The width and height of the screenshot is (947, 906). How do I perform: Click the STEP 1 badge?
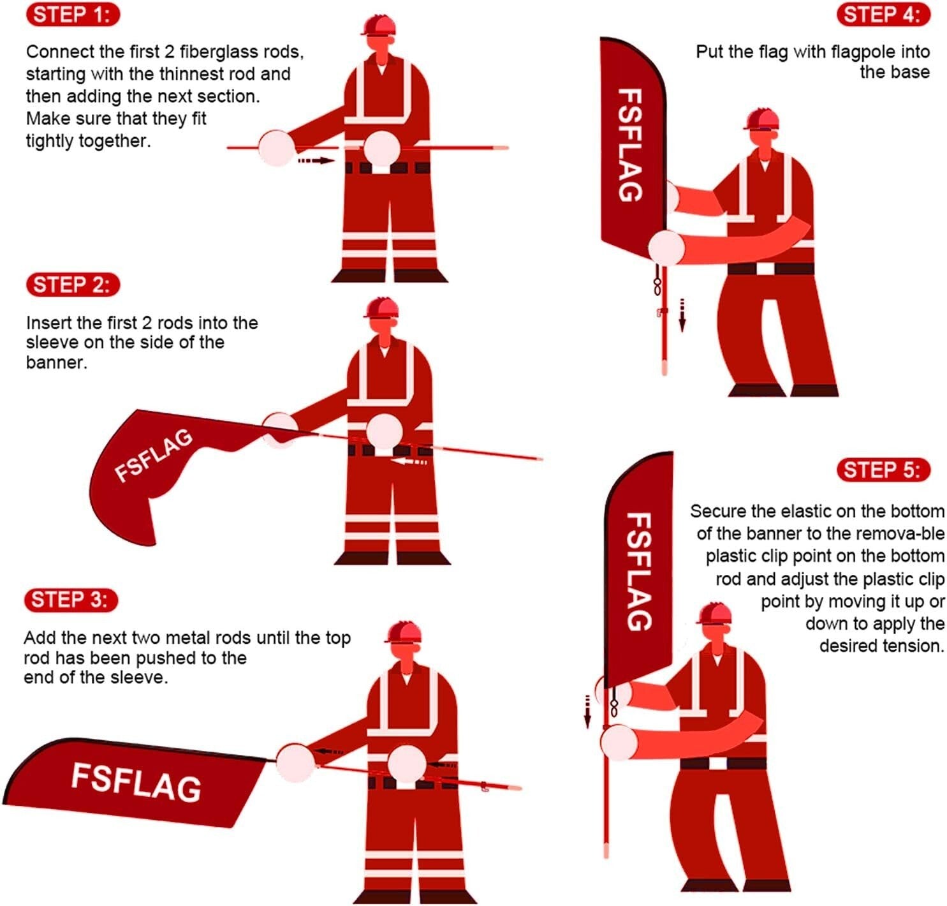pos(73,15)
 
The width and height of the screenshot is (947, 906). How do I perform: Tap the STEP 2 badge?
pos(73,285)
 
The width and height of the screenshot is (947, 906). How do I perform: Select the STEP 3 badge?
pos(71,600)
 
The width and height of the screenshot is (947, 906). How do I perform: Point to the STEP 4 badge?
pos(883,15)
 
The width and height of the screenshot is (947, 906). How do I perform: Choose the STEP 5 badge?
pos(883,470)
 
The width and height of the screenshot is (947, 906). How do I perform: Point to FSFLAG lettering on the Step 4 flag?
pos(630,145)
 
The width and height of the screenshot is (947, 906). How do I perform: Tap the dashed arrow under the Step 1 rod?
pos(316,160)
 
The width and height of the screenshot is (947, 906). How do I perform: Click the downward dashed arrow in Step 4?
pos(682,315)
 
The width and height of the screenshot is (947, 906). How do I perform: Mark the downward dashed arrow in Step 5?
pos(587,711)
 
